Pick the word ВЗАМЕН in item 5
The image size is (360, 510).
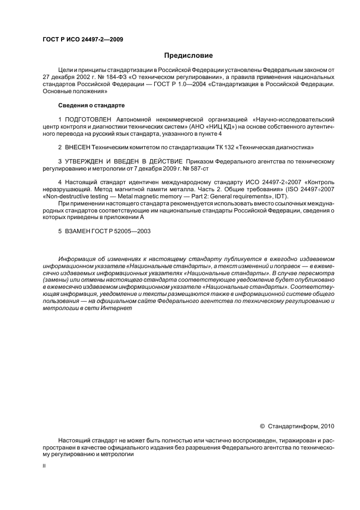78,230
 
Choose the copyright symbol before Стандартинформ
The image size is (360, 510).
263,426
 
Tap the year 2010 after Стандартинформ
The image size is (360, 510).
328,426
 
